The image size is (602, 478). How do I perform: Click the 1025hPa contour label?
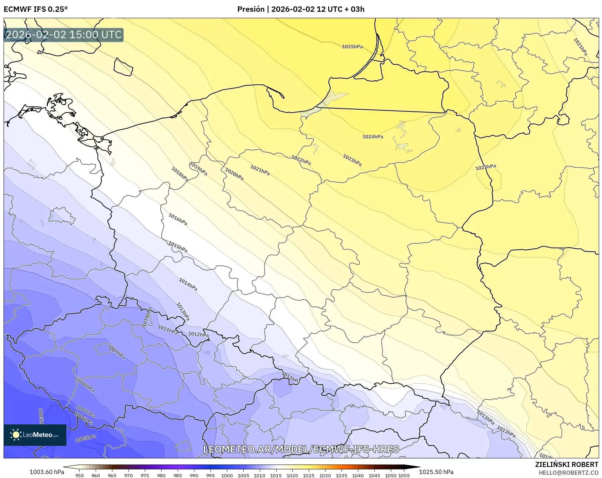click(x=352, y=47)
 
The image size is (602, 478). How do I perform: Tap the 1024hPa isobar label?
click(x=373, y=137)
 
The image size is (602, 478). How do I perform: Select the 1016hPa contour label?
click(x=178, y=219)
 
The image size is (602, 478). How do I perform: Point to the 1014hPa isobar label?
click(x=188, y=284)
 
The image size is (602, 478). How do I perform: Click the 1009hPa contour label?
click(x=116, y=352)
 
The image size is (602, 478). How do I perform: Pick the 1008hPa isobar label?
click(x=86, y=386)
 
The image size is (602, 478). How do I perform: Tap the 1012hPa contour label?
click(x=198, y=334)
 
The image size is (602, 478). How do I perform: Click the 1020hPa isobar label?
click(x=234, y=174)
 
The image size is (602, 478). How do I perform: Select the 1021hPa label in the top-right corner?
click(x=580, y=46)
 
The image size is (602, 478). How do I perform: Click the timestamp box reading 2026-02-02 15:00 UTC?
click(x=64, y=35)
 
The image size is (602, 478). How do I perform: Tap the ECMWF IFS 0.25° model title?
click(x=36, y=9)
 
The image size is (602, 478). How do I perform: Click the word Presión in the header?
click(x=251, y=9)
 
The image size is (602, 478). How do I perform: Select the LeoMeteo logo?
click(x=35, y=435)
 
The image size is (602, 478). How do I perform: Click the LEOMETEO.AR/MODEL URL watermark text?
click(x=301, y=449)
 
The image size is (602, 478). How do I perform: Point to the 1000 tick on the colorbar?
click(x=227, y=475)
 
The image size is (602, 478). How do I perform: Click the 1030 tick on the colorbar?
click(x=325, y=475)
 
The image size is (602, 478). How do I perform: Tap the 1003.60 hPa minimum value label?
click(x=47, y=472)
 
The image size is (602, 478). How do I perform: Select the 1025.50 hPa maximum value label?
click(x=436, y=472)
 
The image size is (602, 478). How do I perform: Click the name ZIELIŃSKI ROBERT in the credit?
click(x=566, y=464)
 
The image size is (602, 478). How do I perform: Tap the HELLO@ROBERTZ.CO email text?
click(x=568, y=473)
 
